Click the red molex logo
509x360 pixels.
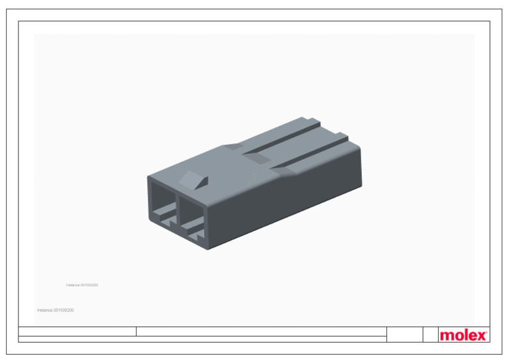tap(463, 335)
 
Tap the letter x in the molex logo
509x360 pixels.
tap(481, 335)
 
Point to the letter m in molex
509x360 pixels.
tap(446, 336)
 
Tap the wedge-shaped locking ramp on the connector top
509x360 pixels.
tap(194, 180)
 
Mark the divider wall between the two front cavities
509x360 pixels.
tap(177, 208)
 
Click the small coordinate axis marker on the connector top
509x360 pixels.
tap(253, 176)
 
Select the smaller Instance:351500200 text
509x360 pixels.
tap(82, 285)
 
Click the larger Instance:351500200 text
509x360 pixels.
tap(56, 310)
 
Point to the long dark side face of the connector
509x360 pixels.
tap(285, 199)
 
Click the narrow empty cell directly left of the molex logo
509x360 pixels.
tap(429, 335)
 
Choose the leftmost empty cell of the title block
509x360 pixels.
tap(77, 331)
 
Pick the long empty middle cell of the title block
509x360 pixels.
tap(261, 331)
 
